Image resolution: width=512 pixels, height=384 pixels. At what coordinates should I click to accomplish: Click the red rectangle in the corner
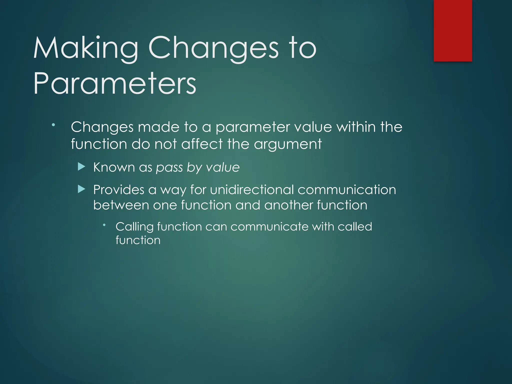(452, 30)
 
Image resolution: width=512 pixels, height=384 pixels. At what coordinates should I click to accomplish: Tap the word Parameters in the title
(115, 83)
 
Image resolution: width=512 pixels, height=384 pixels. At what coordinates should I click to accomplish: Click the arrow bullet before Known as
(81, 166)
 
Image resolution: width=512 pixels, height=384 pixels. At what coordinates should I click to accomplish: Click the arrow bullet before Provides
(81, 189)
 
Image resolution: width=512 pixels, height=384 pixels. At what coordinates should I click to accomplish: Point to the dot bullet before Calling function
(104, 225)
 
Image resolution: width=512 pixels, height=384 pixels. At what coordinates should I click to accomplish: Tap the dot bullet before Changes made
(53, 125)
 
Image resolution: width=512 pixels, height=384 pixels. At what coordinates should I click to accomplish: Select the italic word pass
(169, 168)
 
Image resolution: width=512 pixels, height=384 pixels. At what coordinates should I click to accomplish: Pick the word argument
(288, 145)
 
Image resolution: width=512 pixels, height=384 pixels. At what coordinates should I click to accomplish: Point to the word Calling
(134, 227)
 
